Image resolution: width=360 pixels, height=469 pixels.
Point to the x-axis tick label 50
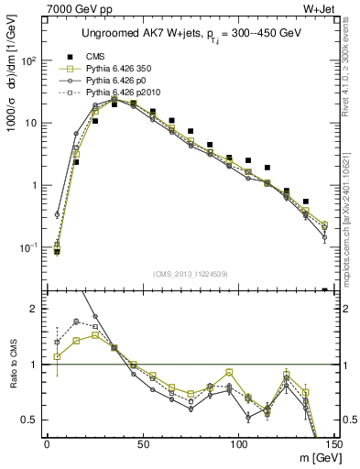(142, 442)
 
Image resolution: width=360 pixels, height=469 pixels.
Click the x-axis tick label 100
(238, 442)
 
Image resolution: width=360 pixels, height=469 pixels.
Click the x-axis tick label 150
(333, 442)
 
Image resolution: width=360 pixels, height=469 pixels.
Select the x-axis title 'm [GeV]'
(312, 456)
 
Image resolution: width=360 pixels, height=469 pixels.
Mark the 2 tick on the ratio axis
(34, 309)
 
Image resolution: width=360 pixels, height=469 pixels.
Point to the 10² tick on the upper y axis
(29, 60)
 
